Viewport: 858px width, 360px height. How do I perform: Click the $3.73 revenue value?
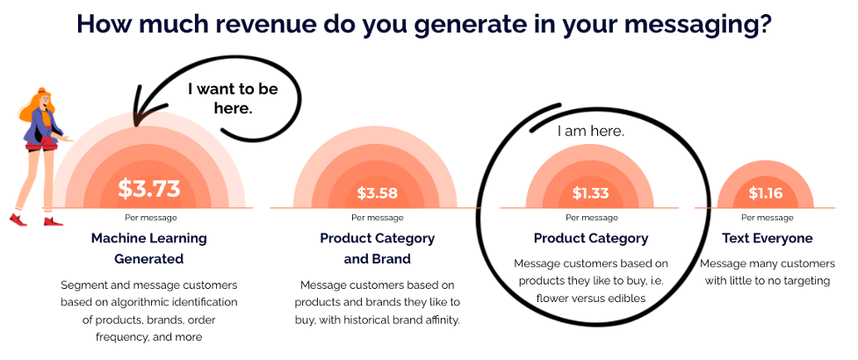[x=149, y=189]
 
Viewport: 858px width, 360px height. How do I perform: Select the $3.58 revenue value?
[x=377, y=193]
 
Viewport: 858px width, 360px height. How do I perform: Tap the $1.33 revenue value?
[x=590, y=193]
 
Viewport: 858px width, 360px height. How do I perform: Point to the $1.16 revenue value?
[x=766, y=193]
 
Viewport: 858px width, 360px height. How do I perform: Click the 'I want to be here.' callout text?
[x=233, y=98]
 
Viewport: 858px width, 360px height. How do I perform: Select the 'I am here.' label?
[x=590, y=132]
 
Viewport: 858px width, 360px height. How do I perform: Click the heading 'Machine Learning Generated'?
[x=148, y=248]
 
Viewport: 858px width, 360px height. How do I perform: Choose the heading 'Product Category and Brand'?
[x=377, y=248]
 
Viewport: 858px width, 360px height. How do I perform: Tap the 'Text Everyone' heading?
[x=768, y=239]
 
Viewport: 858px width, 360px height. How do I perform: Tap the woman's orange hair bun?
[x=41, y=90]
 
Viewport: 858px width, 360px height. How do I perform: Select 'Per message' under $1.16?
[x=768, y=218]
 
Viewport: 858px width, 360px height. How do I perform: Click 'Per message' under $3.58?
[x=377, y=218]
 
